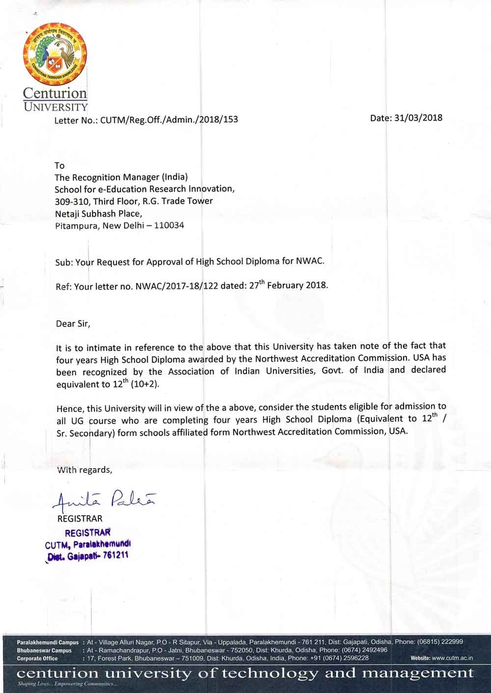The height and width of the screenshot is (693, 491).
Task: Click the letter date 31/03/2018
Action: coord(418,118)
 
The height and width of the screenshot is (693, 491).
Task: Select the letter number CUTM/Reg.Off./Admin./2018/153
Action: coord(169,119)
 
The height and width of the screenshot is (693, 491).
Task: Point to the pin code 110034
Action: coord(169,226)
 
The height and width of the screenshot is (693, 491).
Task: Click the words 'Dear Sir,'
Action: coord(74,324)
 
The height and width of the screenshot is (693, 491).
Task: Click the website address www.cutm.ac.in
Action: coord(452,658)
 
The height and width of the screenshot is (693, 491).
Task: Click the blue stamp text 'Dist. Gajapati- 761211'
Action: coord(86,555)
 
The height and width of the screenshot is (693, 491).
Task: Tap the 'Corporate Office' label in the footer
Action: coord(37,658)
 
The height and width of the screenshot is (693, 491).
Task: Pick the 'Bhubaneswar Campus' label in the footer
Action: coord(44,650)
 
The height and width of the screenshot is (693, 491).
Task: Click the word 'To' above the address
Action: coord(59,166)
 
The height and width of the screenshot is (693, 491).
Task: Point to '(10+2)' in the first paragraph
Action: coord(145,385)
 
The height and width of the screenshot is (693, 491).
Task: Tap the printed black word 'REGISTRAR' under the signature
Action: coord(80,519)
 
